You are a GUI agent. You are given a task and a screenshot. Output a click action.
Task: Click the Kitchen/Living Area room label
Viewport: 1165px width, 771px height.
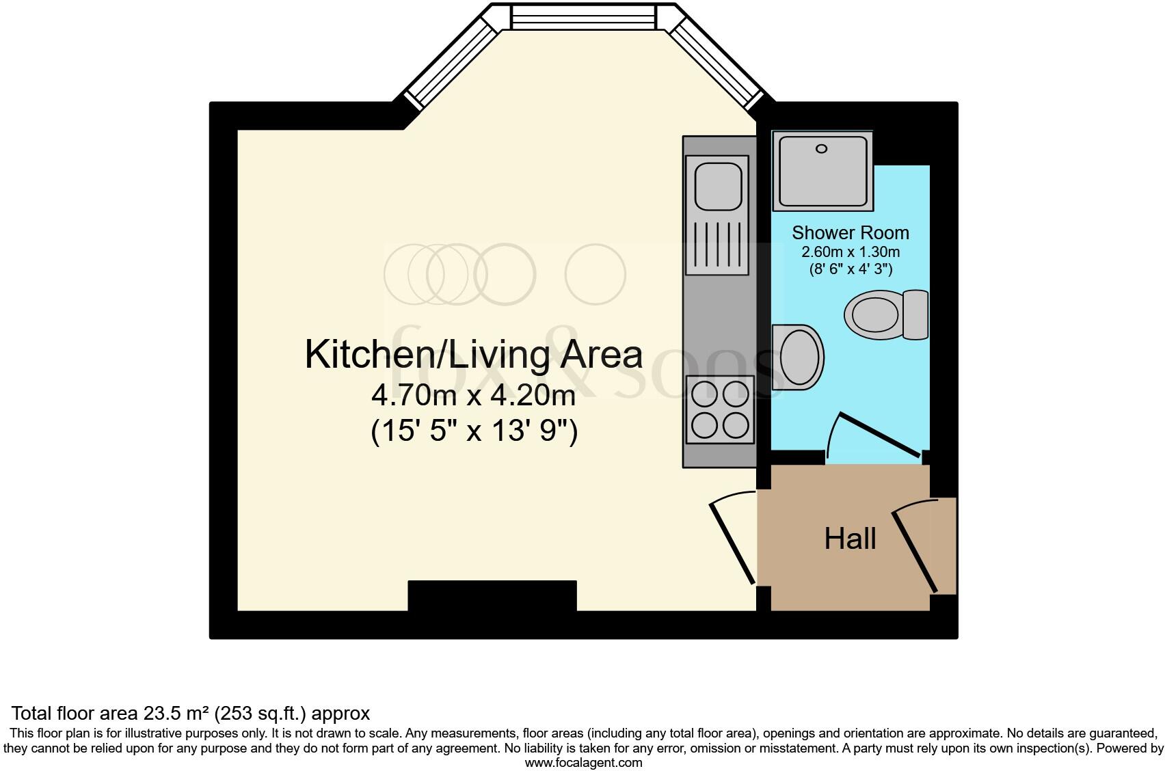pos(473,355)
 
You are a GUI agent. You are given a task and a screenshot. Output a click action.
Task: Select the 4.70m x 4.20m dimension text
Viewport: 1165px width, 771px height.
pos(473,394)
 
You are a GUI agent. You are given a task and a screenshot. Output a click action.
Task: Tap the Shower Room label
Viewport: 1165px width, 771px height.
pos(850,232)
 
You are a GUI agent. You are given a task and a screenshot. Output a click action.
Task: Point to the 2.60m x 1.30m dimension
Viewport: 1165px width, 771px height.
pos(850,252)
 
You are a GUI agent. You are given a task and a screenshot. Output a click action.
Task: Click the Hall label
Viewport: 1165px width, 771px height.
pos(850,539)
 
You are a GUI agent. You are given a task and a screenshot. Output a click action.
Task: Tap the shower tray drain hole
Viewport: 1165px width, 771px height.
pos(822,148)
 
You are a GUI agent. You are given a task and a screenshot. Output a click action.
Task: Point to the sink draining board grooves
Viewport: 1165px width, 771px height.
pos(717,244)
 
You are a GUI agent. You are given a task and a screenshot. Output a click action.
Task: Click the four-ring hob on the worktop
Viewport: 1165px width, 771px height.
pos(720,409)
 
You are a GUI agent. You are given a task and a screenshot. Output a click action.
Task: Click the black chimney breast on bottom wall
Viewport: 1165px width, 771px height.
pos(492,595)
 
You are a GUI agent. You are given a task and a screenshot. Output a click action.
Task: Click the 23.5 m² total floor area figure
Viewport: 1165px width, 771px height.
pos(176,714)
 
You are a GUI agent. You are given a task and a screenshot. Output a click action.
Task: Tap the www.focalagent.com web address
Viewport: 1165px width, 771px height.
pos(583,763)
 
